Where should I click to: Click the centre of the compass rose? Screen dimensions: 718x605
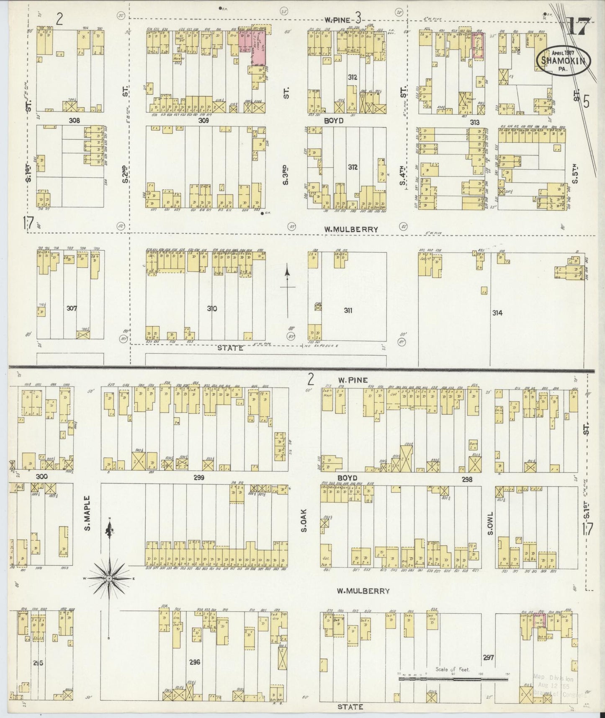[109, 578]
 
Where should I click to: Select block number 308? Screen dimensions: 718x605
[75, 120]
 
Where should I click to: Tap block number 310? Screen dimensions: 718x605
[212, 309]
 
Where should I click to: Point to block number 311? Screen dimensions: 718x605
[348, 310]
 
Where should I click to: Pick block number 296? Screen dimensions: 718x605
[195, 662]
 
